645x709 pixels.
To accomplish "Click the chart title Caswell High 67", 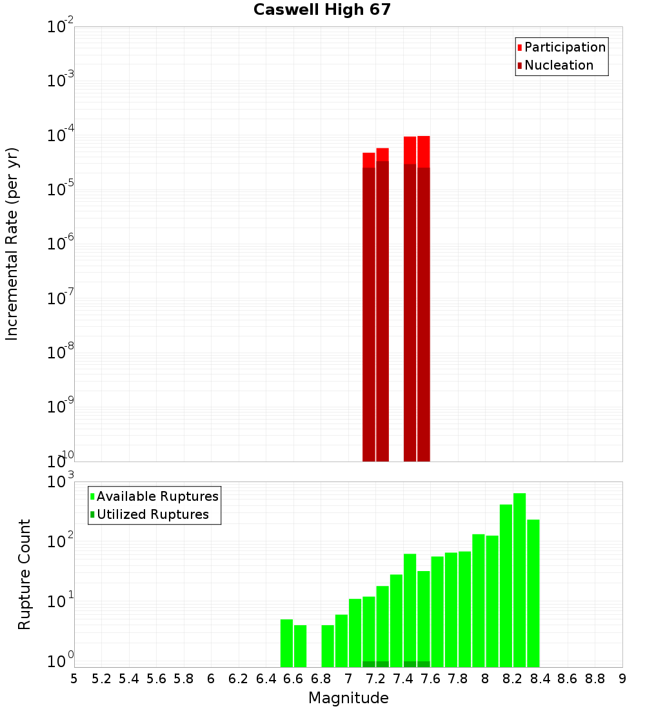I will pyautogui.click(x=322, y=10).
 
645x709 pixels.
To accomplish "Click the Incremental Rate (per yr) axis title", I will pyautogui.click(x=12, y=244).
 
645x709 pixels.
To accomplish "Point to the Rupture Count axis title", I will pyautogui.click(x=25, y=574).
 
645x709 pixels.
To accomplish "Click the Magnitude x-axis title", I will pyautogui.click(x=348, y=698).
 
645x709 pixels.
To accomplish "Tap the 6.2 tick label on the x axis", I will pyautogui.click(x=239, y=679).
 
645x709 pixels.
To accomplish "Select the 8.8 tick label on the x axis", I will pyautogui.click(x=595, y=679).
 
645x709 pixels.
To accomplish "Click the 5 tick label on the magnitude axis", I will pyautogui.click(x=74, y=679).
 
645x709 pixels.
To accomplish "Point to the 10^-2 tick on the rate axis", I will pyautogui.click(x=60, y=27).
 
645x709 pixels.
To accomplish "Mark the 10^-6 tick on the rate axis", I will pyautogui.click(x=60, y=244).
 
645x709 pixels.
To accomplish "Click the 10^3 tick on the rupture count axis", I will pyautogui.click(x=60, y=483).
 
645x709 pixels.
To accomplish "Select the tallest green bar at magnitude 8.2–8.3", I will pyautogui.click(x=519, y=580).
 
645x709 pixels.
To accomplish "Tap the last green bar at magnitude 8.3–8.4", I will pyautogui.click(x=533, y=593).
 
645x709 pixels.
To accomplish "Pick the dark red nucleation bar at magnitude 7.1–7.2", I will pyautogui.click(x=368, y=316).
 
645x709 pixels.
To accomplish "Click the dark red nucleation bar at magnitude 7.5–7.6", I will pyautogui.click(x=423, y=316).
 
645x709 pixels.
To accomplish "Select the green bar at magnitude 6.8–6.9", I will pyautogui.click(x=328, y=646).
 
